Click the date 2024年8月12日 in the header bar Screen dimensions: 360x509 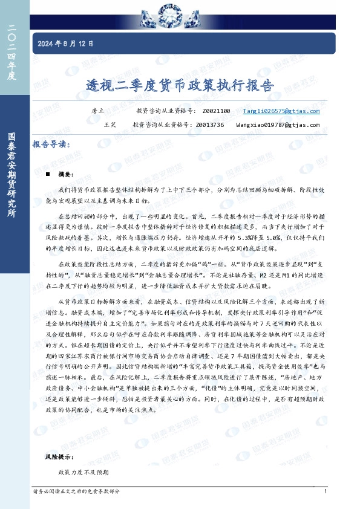pyautogui.click(x=66, y=44)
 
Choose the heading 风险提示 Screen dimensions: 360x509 pyautogui.click(x=59, y=458)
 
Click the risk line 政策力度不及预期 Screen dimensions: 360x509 pyautogui.click(x=83, y=471)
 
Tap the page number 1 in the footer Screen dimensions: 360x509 pyautogui.click(x=326, y=491)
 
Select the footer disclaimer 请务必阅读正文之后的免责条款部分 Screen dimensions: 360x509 pyautogui.click(x=80, y=491)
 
